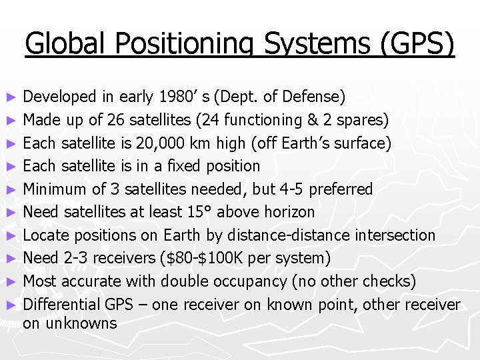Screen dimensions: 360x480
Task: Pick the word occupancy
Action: point(253,281)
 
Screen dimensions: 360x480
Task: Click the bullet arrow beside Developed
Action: point(10,97)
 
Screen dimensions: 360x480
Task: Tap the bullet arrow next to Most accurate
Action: point(10,282)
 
